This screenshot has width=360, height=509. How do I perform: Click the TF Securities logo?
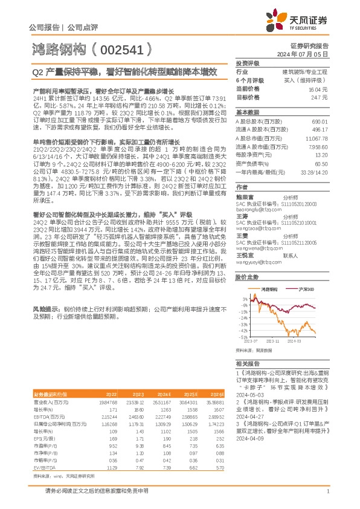click(x=300, y=20)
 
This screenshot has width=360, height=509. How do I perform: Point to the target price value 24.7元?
click(x=320, y=97)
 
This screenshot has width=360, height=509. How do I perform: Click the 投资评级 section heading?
click(x=247, y=63)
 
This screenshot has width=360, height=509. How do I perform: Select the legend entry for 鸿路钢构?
click(x=269, y=290)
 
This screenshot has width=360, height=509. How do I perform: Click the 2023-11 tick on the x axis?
click(x=271, y=342)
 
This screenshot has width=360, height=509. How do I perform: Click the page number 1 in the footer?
click(x=327, y=498)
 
